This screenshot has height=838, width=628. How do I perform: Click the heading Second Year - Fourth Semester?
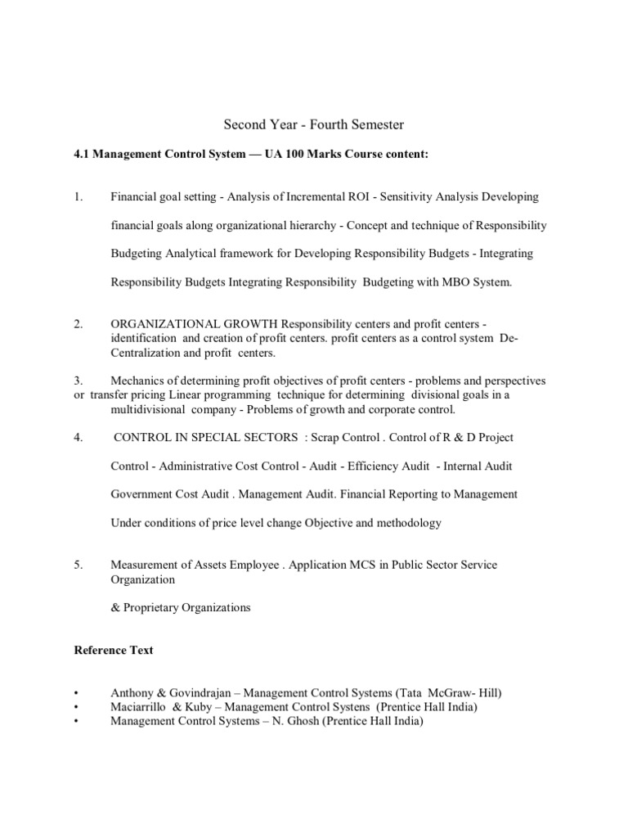[x=314, y=125]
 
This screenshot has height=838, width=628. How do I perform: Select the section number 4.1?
[x=83, y=154]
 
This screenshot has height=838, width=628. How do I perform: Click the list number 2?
[x=78, y=324]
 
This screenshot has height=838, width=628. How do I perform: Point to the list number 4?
[x=78, y=437]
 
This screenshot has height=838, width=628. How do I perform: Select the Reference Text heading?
[x=114, y=651]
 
